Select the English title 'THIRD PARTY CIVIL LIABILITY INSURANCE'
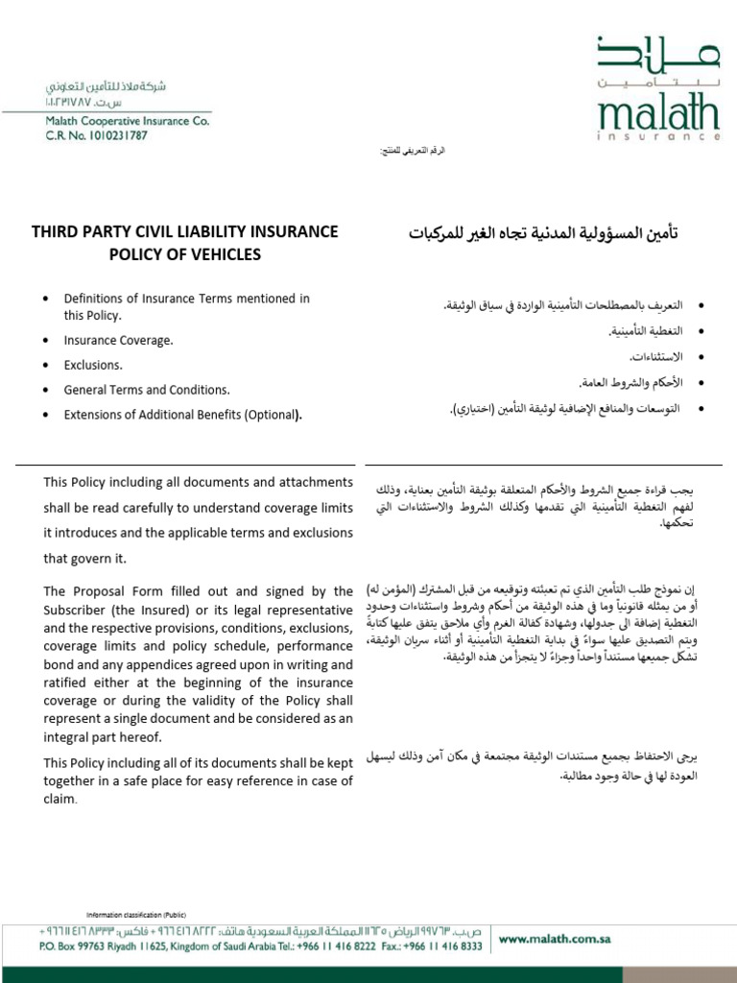coord(185,231)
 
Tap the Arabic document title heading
coord(544,233)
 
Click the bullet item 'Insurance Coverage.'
coord(118,341)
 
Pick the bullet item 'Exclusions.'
coord(93,366)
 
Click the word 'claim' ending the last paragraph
coord(59,798)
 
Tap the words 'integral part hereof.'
coord(102,737)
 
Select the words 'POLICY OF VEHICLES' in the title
coord(185,255)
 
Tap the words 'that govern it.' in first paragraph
coord(84,558)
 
